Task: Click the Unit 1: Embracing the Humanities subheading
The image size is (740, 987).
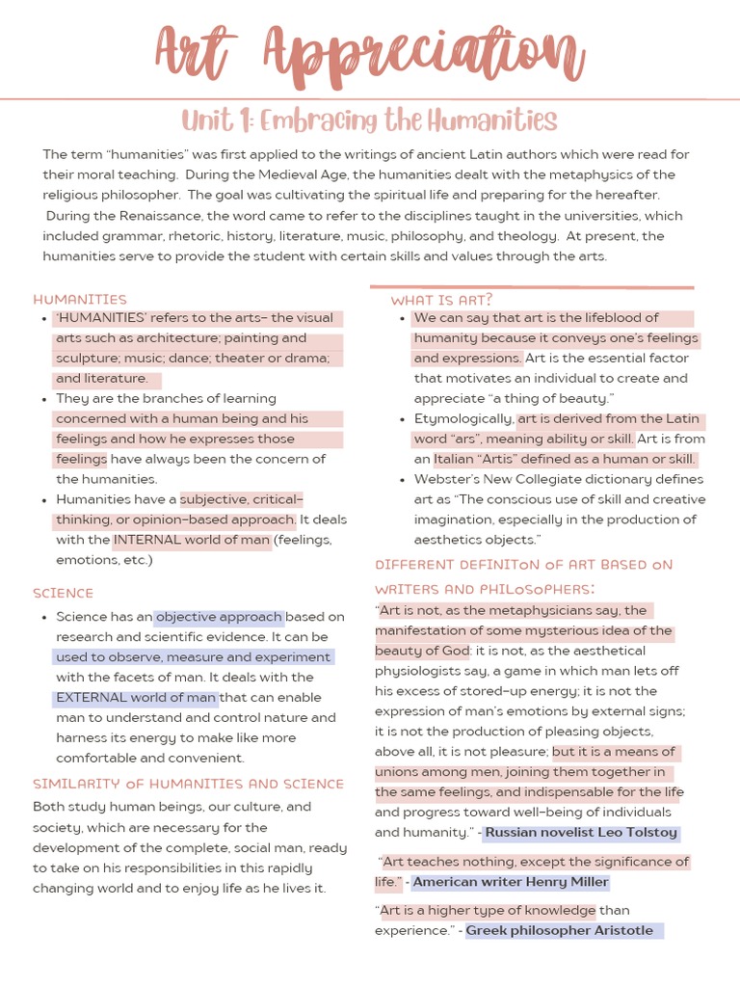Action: (370, 120)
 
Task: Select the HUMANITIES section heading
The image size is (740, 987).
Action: (80, 299)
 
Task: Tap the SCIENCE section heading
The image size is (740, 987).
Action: (64, 593)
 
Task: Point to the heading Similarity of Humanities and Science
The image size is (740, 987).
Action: (188, 784)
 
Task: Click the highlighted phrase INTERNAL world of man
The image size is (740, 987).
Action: (192, 540)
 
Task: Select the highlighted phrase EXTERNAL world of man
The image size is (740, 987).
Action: (136, 697)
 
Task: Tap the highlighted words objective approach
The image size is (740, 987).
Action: (219, 617)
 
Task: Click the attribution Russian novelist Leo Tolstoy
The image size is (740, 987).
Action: (581, 833)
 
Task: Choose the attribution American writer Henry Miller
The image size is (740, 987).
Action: (511, 882)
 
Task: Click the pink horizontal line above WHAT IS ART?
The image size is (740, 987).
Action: (531, 286)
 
